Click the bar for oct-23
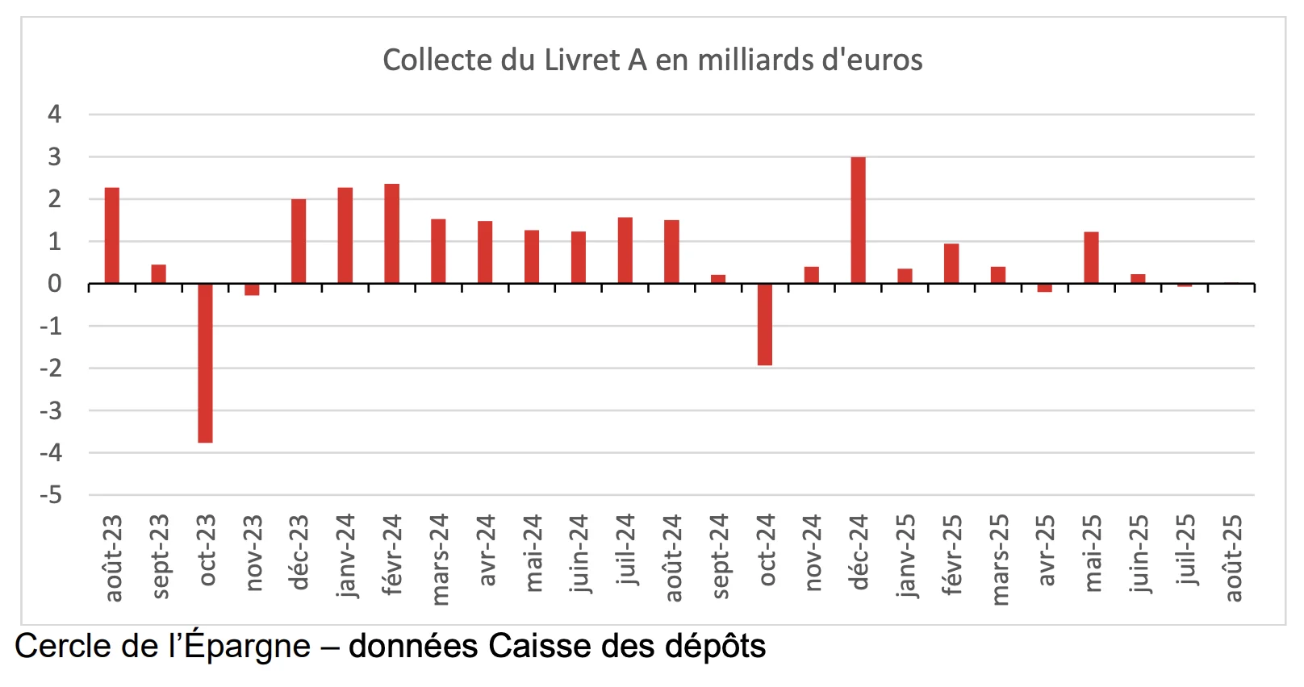(205, 363)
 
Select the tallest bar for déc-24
(858, 220)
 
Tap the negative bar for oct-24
(765, 324)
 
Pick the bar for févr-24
(391, 234)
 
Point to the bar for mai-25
(1091, 257)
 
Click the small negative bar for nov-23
(252, 289)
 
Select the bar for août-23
(112, 235)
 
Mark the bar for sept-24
(718, 279)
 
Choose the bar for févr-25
(951, 264)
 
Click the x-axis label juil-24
(626, 550)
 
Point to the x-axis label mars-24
(440, 559)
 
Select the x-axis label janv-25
(906, 555)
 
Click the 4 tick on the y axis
(54, 114)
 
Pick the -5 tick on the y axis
(51, 495)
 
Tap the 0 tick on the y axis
(54, 284)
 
